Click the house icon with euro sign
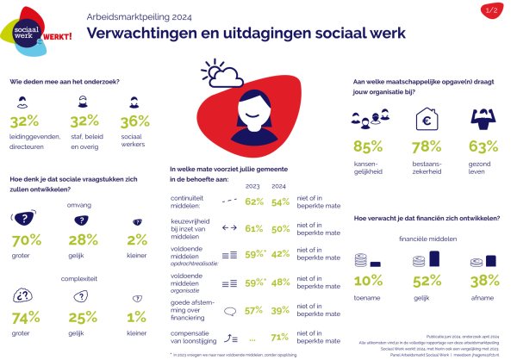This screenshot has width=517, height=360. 428,118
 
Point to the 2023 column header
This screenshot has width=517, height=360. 253,184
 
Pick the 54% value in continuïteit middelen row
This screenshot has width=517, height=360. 281,202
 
